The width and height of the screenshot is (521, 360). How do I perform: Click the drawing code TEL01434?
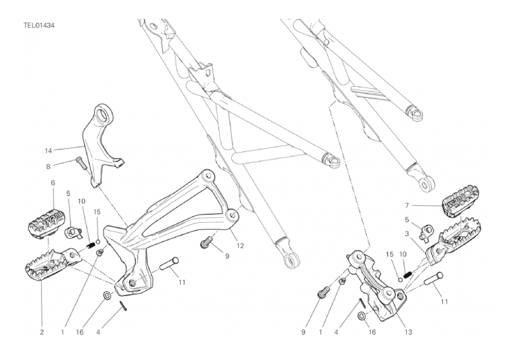point(39,26)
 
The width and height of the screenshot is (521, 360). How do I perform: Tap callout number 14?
point(48,151)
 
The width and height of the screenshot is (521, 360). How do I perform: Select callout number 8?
point(48,166)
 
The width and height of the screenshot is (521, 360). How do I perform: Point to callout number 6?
point(53,183)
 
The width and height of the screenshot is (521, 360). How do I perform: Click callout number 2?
point(42,332)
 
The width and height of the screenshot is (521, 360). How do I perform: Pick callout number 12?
point(240,246)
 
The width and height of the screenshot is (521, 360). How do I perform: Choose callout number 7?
point(407,206)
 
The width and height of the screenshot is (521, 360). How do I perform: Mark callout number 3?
point(407,234)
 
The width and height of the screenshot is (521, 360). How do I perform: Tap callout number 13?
point(408,332)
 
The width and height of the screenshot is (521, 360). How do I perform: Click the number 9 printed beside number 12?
point(227,256)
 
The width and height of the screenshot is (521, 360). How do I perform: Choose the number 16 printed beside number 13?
point(372,332)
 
